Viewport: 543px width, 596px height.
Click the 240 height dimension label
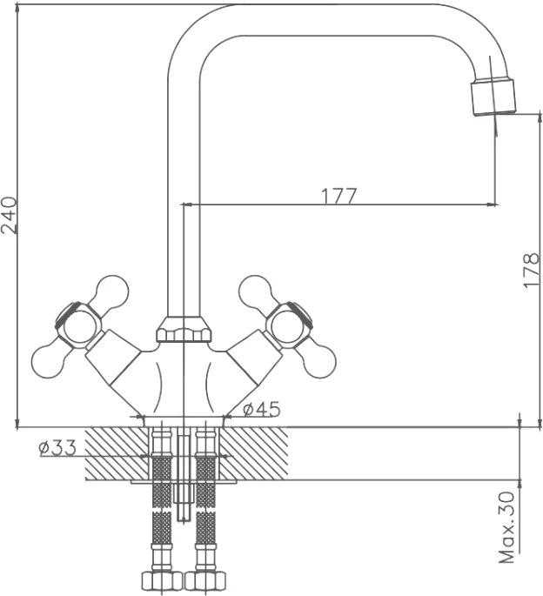[x=9, y=215]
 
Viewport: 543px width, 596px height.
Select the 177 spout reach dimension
[x=339, y=196]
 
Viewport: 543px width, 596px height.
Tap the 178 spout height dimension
[x=531, y=270]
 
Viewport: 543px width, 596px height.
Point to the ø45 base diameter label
[x=261, y=409]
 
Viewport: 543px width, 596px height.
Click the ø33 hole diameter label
[x=57, y=448]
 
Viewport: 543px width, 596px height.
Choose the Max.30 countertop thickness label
[x=506, y=528]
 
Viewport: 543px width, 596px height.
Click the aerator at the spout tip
[x=494, y=97]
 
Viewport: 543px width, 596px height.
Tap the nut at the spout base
[x=184, y=330]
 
